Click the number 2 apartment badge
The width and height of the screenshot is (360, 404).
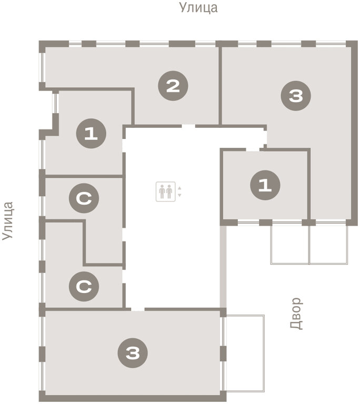(x=173, y=86)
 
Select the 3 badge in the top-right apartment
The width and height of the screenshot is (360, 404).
(x=296, y=96)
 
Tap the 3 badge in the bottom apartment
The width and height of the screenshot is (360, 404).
(x=133, y=353)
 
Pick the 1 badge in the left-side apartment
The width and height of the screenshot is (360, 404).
(x=91, y=134)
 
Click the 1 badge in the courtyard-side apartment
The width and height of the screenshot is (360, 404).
(x=265, y=185)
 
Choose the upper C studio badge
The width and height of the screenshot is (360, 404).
(x=84, y=198)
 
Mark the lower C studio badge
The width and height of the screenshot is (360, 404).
(x=84, y=286)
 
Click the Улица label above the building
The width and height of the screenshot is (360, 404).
(x=198, y=7)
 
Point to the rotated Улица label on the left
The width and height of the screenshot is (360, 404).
(x=7, y=221)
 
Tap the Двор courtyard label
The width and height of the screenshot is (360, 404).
(x=296, y=314)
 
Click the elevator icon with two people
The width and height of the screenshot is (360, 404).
(x=166, y=191)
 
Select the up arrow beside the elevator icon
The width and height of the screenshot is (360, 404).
(x=180, y=188)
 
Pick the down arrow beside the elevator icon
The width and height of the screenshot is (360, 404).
(x=180, y=195)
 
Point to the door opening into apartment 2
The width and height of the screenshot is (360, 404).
(x=188, y=126)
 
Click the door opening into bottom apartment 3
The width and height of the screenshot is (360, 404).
(x=138, y=309)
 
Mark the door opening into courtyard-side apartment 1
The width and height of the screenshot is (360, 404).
(x=253, y=150)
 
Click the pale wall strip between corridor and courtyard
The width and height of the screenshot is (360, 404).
(x=223, y=267)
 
